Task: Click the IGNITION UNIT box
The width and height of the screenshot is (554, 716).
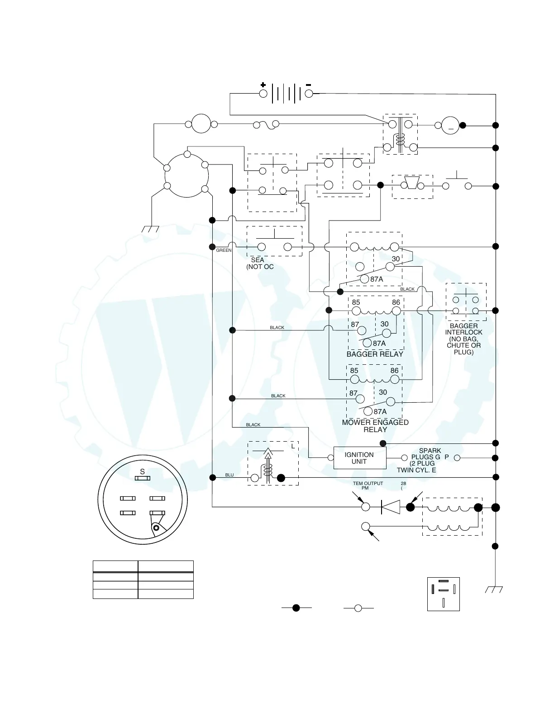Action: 359,458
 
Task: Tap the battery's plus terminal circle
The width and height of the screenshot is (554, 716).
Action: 263,94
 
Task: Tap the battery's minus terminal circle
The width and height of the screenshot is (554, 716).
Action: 309,94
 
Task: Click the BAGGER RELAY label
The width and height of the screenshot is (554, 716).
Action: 375,354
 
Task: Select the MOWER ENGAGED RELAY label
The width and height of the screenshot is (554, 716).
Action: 375,426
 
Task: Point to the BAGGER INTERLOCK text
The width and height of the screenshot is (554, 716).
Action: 463,329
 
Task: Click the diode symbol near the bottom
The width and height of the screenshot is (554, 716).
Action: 390,507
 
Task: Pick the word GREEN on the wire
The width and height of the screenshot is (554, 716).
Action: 224,250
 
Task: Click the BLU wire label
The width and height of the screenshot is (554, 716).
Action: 229,475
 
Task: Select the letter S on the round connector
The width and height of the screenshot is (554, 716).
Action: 142,471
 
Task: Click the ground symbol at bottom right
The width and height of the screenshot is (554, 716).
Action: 494,589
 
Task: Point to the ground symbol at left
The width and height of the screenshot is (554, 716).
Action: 150,230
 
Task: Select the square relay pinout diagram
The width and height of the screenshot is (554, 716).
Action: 443,594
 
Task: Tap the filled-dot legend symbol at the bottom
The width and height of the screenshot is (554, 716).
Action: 296,608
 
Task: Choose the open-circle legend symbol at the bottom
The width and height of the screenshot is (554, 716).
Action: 358,608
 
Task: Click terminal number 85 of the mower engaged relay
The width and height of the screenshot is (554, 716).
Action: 354,371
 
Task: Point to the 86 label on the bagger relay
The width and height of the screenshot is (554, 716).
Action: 396,302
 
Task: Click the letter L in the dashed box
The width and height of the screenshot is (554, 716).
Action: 293,446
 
